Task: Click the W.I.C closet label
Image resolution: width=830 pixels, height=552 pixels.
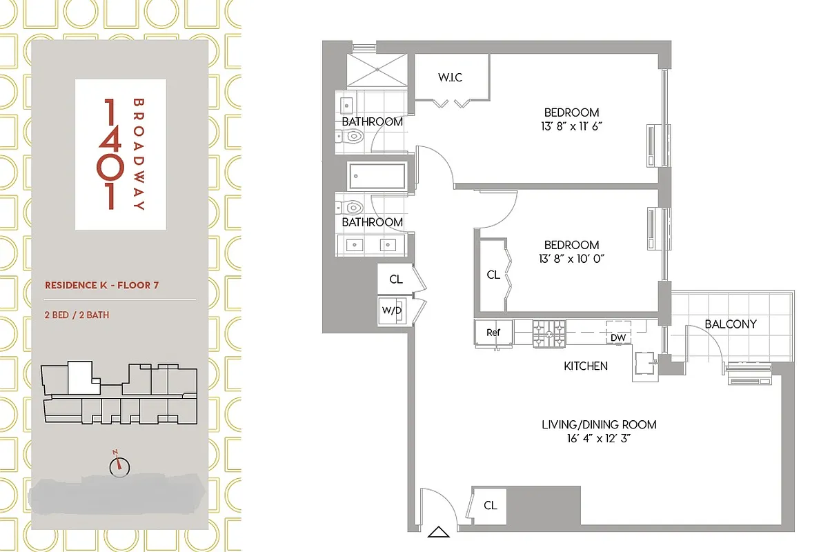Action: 450,77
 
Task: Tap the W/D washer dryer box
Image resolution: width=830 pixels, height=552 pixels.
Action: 391,310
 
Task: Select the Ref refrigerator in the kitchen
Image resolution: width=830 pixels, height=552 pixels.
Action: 493,333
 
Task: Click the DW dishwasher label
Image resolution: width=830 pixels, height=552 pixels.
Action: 618,337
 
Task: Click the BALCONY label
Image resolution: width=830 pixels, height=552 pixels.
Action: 731,324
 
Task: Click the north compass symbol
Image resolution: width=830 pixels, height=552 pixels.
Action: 119,466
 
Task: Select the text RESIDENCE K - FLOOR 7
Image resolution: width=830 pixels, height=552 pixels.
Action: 101,285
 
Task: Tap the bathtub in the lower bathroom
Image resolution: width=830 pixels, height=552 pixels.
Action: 377,175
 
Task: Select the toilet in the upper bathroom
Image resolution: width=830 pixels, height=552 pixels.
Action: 353,137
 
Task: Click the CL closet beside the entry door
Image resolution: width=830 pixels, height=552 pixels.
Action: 490,506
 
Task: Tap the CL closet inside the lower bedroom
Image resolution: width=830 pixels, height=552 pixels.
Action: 493,275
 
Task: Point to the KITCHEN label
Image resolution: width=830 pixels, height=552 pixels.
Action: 586,366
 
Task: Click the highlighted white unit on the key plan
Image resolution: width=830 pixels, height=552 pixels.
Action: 80,378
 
